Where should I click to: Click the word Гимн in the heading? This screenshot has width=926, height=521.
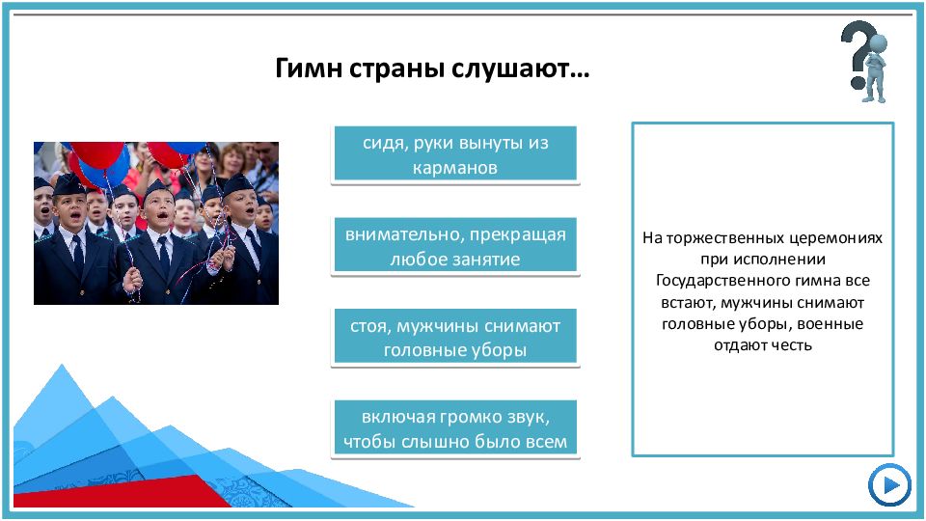pos(309,68)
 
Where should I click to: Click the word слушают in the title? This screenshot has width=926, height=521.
pos(520,69)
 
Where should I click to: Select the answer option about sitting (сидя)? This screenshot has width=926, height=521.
pos(455,153)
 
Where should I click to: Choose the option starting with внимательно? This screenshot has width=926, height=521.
pos(455,245)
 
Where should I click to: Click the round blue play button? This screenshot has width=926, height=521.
pos(889,485)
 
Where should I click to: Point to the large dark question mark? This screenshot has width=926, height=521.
pos(857,53)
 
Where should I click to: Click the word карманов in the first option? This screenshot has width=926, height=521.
pos(454,168)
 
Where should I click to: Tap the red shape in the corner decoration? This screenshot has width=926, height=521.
pos(118,491)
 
